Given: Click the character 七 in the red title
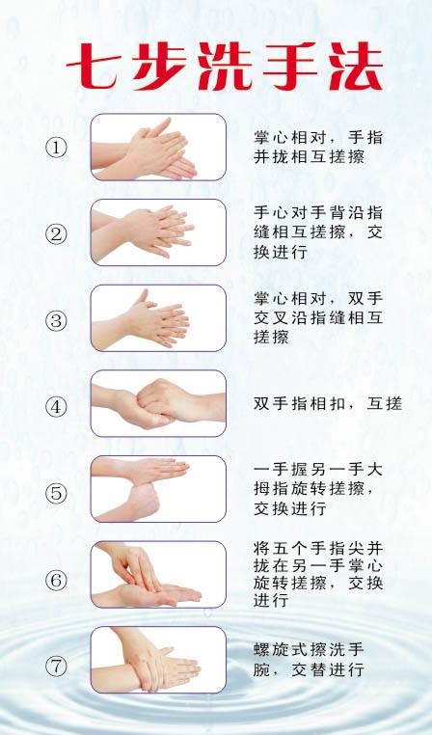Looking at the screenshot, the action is [x=93, y=67].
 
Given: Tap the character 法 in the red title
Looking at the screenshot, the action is [x=356, y=67].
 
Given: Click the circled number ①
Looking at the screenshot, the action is [x=56, y=149].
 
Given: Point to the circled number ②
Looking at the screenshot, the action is [x=56, y=234].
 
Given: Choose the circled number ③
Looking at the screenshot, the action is [x=56, y=320].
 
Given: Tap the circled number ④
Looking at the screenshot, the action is [x=56, y=407].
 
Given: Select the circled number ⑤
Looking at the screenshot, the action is [x=56, y=493].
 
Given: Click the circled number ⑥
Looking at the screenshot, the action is [x=56, y=580].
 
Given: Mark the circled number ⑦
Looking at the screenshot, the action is [x=56, y=667].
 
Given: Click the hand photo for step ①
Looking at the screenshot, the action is [x=158, y=148].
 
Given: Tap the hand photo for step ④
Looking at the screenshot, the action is [x=158, y=403].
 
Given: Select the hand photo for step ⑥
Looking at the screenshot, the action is [x=158, y=575].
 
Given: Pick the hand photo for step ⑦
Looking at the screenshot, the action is [x=158, y=660].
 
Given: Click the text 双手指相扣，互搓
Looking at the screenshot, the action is [x=328, y=403].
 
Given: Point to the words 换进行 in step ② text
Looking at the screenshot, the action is [x=281, y=252].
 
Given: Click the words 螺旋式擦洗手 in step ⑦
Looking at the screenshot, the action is [x=309, y=650].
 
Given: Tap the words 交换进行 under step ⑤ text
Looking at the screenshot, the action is [x=290, y=508].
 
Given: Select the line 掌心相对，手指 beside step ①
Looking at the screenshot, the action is [x=318, y=137].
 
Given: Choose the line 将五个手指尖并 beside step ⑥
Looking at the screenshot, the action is [x=318, y=548].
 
